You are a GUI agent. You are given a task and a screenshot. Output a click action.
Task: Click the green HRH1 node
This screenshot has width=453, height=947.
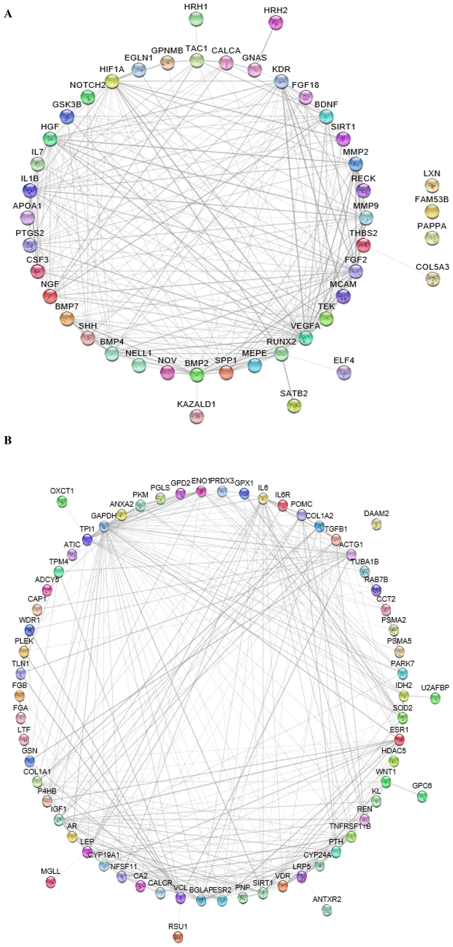196,19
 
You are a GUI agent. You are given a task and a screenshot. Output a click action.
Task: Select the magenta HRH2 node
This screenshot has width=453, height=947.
275,23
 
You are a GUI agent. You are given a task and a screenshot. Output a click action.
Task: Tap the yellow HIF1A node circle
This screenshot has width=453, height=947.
113,81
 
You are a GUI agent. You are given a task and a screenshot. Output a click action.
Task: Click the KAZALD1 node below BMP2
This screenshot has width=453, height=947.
196,416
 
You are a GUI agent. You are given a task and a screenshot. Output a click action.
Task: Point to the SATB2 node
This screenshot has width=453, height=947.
294,406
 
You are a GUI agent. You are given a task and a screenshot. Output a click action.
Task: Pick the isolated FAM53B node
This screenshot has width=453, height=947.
432,211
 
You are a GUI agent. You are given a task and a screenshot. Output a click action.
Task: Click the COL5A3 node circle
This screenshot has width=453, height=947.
433,279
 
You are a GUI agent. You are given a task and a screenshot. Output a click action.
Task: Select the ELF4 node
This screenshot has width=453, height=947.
344,372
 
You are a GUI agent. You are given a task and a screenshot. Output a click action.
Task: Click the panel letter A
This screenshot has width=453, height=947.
8,14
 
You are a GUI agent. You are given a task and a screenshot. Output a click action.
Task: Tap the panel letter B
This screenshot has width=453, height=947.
8,440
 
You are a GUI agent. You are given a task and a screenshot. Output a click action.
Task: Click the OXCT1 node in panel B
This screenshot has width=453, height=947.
62,501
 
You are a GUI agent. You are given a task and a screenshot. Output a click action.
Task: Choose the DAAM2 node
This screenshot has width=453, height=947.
376,524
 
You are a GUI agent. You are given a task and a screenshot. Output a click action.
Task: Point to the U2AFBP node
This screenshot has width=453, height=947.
435,698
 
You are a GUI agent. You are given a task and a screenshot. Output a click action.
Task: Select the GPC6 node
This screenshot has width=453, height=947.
422,797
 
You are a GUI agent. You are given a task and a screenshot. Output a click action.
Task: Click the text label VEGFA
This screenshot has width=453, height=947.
305,326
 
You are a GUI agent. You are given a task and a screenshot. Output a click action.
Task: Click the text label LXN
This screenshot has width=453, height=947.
432,174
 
